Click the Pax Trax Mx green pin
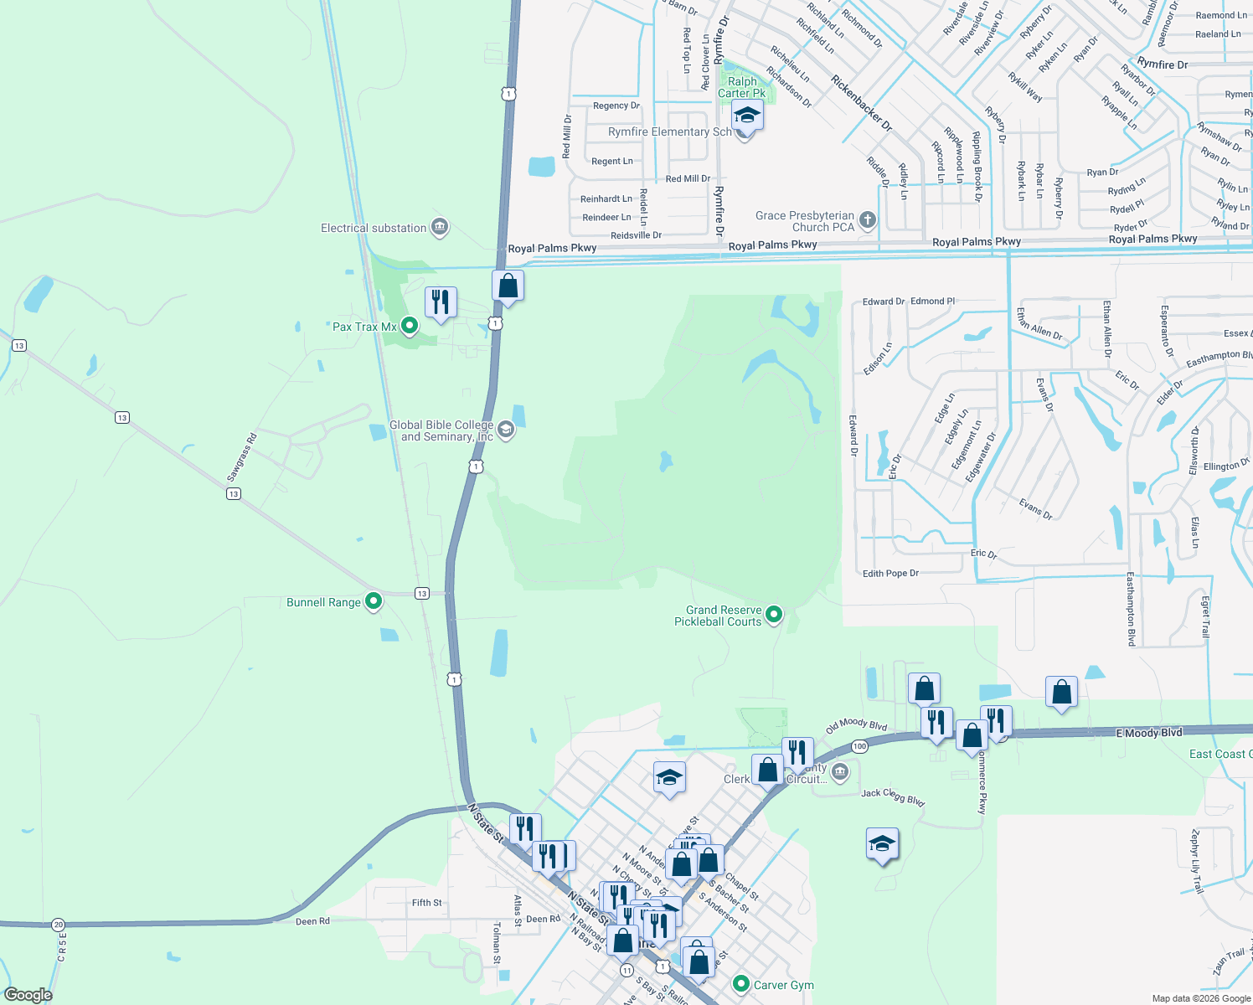point(410,326)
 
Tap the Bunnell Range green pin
point(374,601)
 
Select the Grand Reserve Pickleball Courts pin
point(774,616)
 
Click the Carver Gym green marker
point(740,984)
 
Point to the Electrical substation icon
point(439,227)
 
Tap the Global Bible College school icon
point(506,430)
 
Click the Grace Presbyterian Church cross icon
point(868,221)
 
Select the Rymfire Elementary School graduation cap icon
point(746,116)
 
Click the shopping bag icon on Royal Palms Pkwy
point(508,286)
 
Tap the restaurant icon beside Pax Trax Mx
point(441,301)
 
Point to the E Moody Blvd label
point(1149,733)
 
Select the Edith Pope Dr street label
point(890,574)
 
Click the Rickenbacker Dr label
point(861,103)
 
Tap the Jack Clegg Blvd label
point(893,796)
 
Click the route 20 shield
point(58,925)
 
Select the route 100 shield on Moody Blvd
point(859,746)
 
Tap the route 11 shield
point(626,970)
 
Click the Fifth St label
point(426,903)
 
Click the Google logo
point(28,995)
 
